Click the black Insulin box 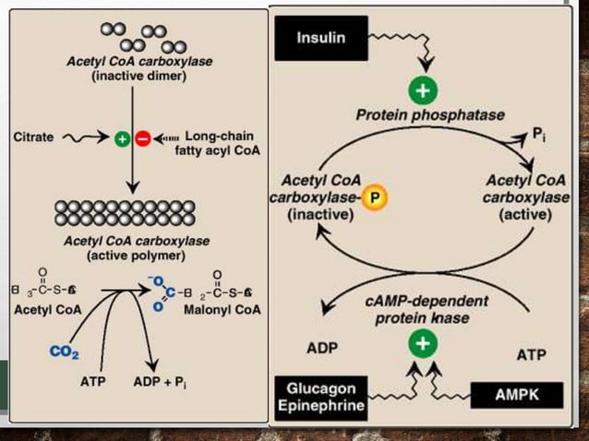coord(320,39)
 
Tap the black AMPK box coord(516,396)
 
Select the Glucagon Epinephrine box coord(319,397)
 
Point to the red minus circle coord(143,139)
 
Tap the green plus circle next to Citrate coord(122,139)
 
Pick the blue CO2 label coord(64,351)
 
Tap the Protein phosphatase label coord(430,115)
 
